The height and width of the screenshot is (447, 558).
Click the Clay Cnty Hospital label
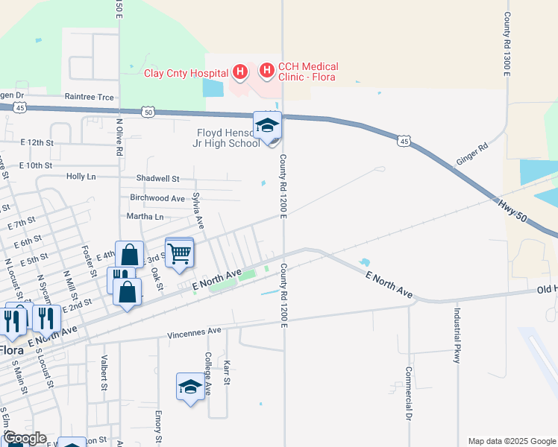[186, 72]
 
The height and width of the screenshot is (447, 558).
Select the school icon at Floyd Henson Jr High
[267, 127]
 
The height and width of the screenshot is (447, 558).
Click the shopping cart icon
[179, 253]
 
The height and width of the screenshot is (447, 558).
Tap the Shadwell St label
[157, 179]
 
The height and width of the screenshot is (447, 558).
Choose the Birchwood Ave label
[157, 198]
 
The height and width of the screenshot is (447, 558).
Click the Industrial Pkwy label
[457, 335]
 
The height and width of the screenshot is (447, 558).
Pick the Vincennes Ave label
[194, 331]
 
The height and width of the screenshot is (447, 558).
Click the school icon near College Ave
[190, 387]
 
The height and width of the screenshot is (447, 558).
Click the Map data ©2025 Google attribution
[512, 441]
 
